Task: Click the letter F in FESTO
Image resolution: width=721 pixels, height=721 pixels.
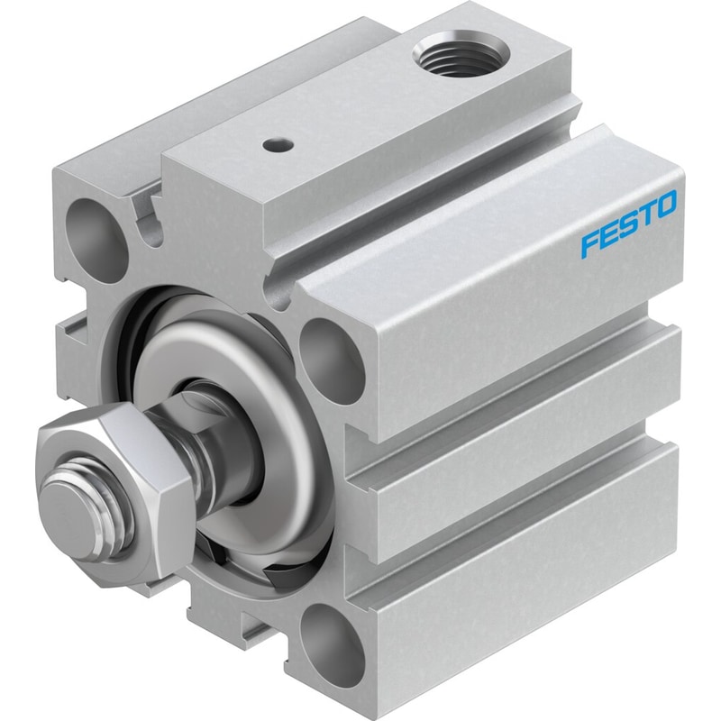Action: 590,243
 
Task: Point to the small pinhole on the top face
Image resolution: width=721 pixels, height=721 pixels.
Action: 278,145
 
